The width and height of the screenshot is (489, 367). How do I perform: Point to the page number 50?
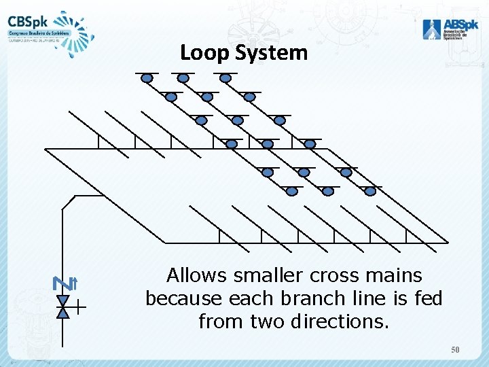tap(456, 349)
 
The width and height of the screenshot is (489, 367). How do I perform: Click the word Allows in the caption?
tap(196, 276)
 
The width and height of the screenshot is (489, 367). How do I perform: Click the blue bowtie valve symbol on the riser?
tap(63, 307)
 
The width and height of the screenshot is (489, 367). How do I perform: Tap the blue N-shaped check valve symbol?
tap(58, 283)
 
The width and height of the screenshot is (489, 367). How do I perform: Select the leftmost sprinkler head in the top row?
tap(147, 78)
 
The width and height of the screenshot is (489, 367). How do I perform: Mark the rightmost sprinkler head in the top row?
tap(225, 78)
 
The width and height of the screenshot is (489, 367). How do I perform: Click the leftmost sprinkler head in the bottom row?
tap(292, 192)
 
